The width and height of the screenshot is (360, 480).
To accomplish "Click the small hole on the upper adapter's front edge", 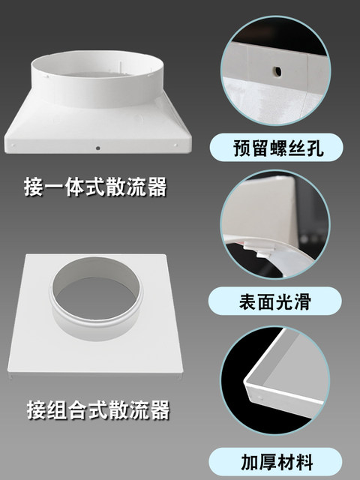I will click(99, 148).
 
